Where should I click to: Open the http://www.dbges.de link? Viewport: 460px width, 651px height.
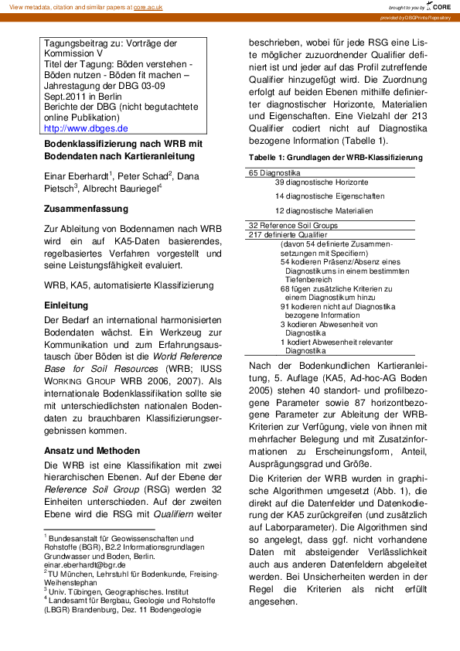click(86, 128)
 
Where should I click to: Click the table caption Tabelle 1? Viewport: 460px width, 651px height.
click(336, 157)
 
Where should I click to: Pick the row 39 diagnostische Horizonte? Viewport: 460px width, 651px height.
click(322, 182)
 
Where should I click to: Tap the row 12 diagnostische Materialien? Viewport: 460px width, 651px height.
click(324, 210)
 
